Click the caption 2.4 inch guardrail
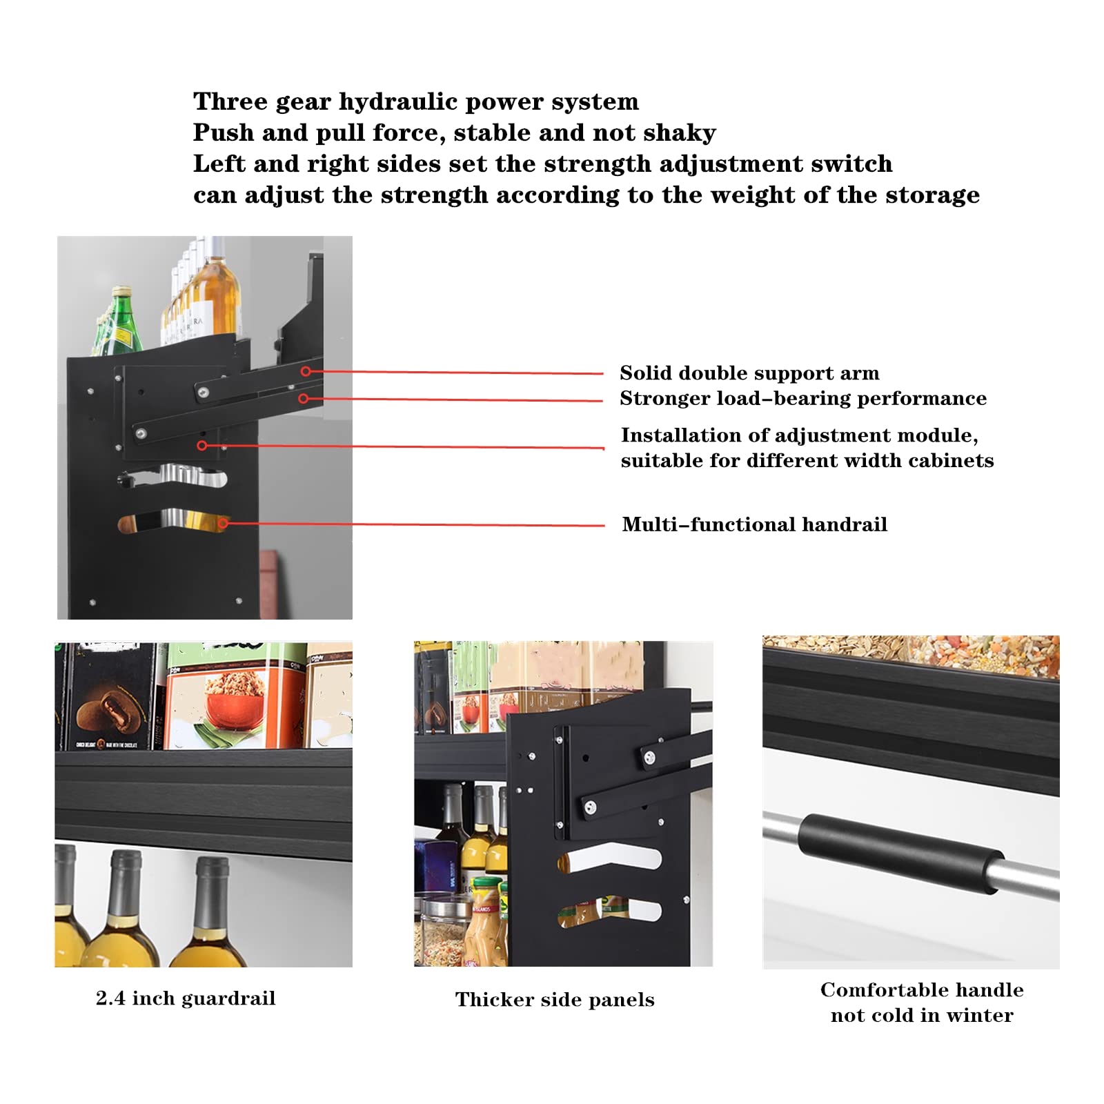(x=186, y=998)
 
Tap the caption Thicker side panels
(x=555, y=1000)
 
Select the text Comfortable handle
(x=922, y=990)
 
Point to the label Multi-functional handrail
(x=754, y=524)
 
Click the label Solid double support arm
(x=749, y=373)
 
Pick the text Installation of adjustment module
(x=799, y=435)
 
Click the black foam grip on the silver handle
(x=900, y=854)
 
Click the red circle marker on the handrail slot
(x=223, y=524)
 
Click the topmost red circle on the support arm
(x=306, y=371)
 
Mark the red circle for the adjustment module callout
(x=202, y=446)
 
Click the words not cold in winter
(x=922, y=1016)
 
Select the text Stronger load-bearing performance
(x=802, y=399)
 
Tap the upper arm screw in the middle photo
(x=649, y=758)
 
